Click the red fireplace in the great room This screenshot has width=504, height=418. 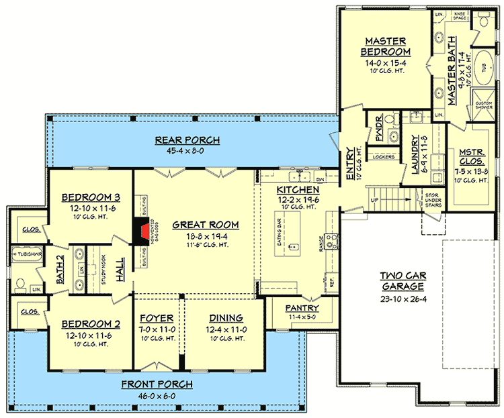[143, 231]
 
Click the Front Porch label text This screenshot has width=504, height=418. [157, 384]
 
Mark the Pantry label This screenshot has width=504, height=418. [302, 308]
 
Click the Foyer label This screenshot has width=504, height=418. [157, 317]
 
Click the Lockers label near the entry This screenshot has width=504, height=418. [382, 157]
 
